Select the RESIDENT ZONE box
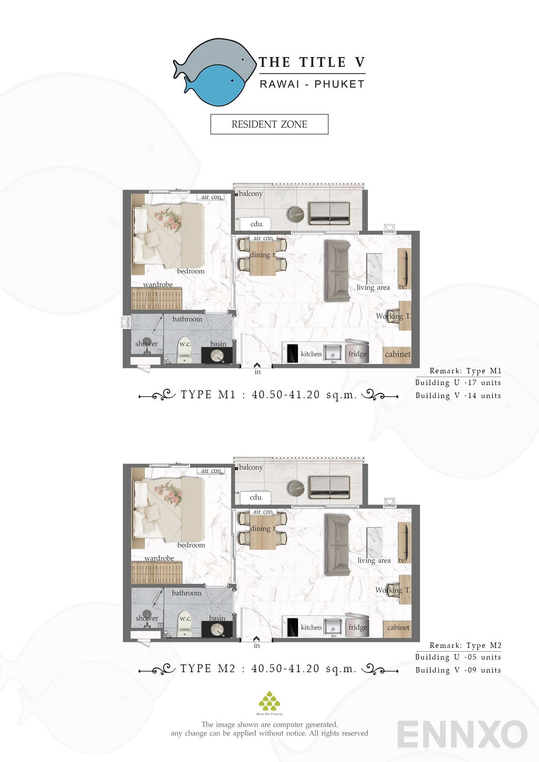pos(269,124)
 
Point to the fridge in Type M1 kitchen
pos(357,352)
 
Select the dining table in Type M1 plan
pos(262,258)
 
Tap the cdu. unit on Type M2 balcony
pos(256,498)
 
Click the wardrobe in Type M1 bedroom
pos(156,298)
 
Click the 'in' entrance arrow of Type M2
pos(256,639)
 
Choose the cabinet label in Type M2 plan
pos(398,628)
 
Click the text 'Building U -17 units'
pos(458,383)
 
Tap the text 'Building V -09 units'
pos(458,670)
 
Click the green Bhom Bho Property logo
pos(269,701)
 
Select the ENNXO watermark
pos(462,734)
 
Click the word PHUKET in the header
pos(339,84)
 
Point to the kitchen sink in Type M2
pos(333,627)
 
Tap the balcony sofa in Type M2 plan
pos(329,487)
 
